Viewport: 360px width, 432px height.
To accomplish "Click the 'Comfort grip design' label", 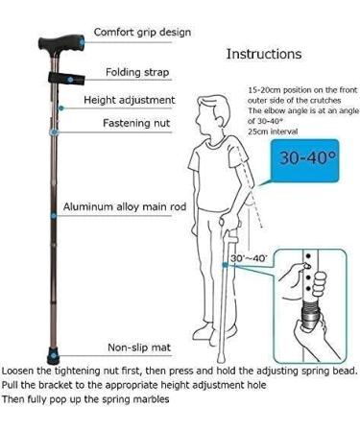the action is [142, 33].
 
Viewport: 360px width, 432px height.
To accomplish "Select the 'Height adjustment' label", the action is [129, 99].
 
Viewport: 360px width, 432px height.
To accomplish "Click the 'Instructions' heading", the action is [263, 54].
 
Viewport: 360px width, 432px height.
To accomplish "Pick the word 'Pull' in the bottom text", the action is [12, 385].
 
